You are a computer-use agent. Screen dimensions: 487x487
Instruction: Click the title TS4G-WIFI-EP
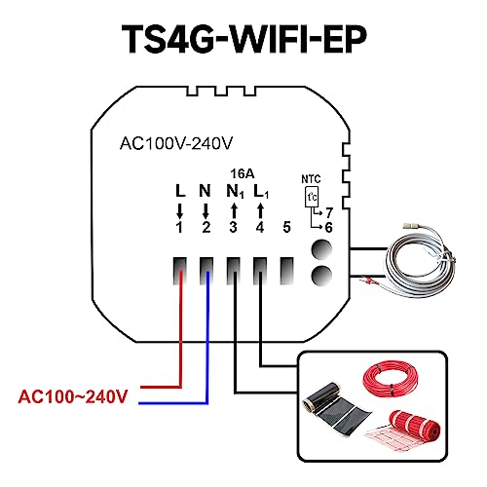244,39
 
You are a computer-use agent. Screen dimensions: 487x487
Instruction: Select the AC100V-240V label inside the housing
176,143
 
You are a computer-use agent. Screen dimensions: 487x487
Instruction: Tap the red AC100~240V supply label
73,396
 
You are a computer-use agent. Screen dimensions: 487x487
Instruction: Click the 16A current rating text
243,174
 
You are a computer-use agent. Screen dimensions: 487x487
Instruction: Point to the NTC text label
311,179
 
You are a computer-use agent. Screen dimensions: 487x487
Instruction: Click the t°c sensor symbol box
312,197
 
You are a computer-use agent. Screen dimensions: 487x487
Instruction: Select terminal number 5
286,227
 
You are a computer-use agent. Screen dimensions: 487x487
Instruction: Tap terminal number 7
329,213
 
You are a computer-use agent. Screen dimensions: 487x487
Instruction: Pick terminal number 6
329,228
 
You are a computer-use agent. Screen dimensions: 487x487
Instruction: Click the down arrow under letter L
179,211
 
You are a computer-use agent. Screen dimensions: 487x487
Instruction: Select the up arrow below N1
234,211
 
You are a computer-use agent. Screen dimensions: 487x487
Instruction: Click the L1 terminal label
261,192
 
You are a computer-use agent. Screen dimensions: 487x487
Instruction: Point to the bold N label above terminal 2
205,191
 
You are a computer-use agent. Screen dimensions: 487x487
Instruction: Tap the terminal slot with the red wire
179,271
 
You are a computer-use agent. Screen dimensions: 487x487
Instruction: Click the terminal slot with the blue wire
206,271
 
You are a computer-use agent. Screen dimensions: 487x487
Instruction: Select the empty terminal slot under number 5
287,271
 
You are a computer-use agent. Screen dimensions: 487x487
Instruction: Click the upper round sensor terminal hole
321,250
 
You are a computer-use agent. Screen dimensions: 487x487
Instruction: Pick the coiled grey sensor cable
419,260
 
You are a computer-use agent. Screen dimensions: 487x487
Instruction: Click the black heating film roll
338,410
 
